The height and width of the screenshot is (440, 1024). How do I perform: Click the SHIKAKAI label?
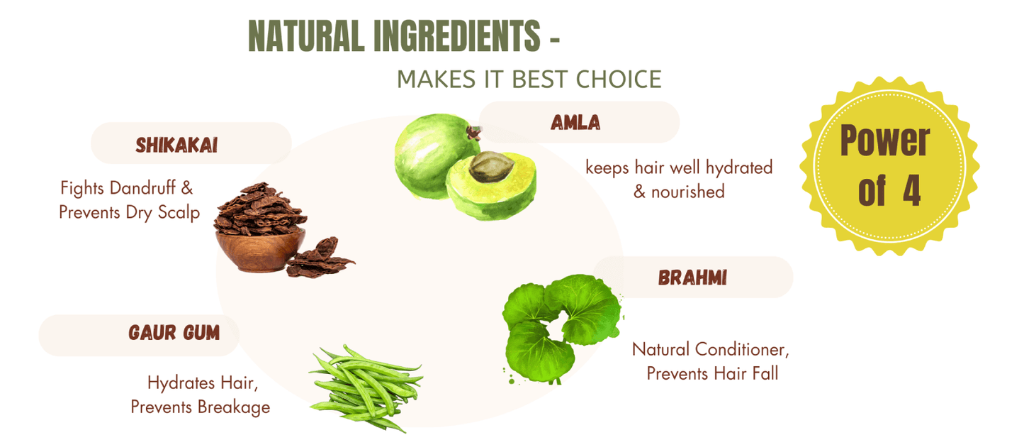click(x=176, y=145)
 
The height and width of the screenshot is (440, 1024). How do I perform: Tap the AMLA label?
click(x=575, y=123)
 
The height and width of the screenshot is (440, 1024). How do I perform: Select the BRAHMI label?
click(x=692, y=277)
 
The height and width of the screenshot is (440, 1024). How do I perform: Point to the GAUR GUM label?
click(x=174, y=332)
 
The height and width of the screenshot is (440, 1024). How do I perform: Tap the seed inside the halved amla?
click(x=488, y=167)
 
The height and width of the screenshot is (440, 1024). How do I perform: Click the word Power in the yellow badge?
click(x=884, y=141)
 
